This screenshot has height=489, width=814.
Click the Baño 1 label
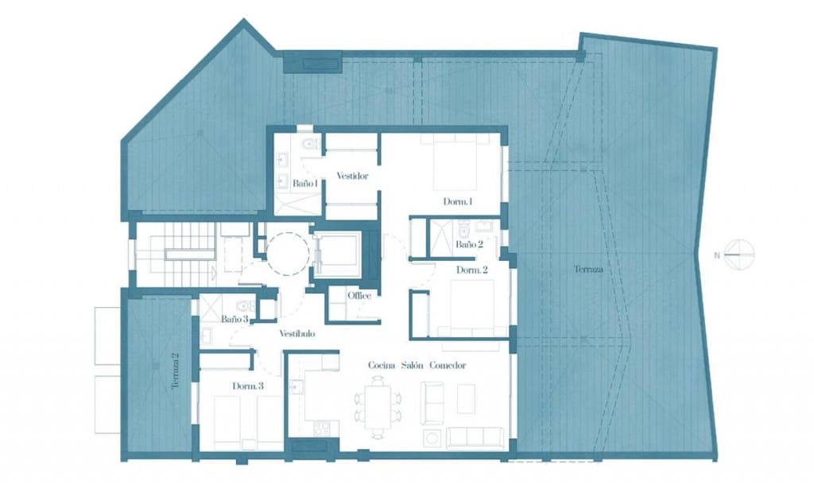(x=305, y=183)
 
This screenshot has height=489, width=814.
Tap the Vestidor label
(x=351, y=176)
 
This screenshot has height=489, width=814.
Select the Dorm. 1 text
(x=458, y=202)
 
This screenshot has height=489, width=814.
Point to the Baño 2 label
(x=469, y=245)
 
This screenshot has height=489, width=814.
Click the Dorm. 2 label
(x=471, y=270)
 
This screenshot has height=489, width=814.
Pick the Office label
(x=359, y=296)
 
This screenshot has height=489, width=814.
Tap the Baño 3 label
(x=235, y=319)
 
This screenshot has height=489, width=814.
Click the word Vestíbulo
(x=297, y=334)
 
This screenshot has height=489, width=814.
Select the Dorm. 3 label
(x=248, y=386)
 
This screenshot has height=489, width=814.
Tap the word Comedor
(x=447, y=365)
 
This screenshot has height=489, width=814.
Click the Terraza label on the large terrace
(x=588, y=270)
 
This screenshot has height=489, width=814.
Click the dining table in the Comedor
(x=378, y=405)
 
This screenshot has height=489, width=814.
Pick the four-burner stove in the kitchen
(x=322, y=428)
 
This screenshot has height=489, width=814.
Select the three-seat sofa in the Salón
(x=474, y=437)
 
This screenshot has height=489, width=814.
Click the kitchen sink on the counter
(x=297, y=387)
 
